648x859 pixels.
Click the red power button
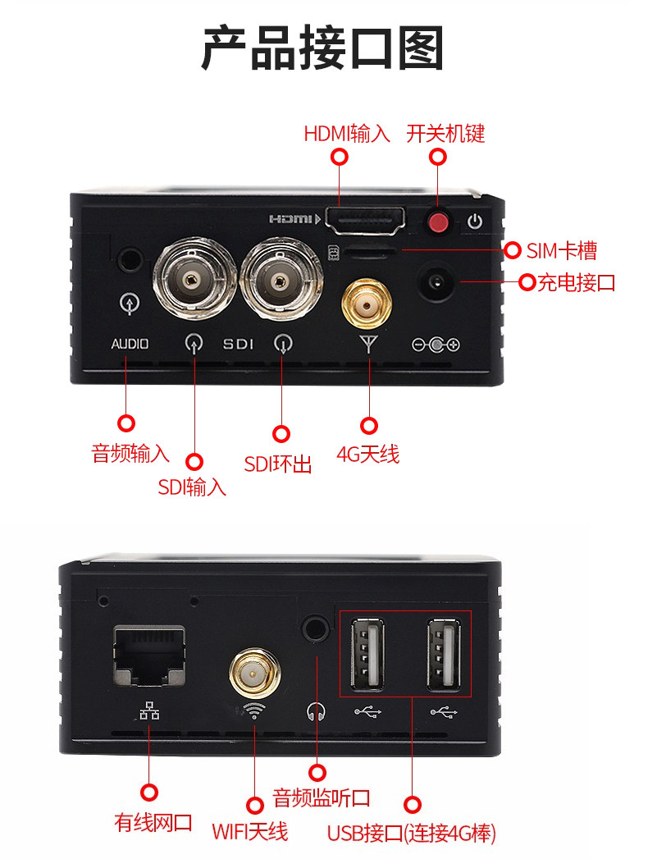tap(438, 222)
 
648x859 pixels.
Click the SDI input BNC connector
tap(194, 280)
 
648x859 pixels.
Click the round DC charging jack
tap(436, 282)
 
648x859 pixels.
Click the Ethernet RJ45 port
tap(149, 656)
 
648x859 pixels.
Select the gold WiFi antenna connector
tap(254, 674)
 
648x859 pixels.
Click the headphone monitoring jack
tap(316, 626)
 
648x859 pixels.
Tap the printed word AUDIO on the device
tap(130, 344)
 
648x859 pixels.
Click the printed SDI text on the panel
tap(238, 344)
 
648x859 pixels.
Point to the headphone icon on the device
tap(316, 711)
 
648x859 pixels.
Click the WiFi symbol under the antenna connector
tap(254, 711)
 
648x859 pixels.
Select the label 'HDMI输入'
tap(347, 134)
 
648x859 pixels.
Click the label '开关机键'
tap(445, 134)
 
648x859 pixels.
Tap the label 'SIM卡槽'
tap(561, 251)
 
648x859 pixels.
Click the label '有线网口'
tap(153, 822)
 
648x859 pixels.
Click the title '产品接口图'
tap(323, 48)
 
